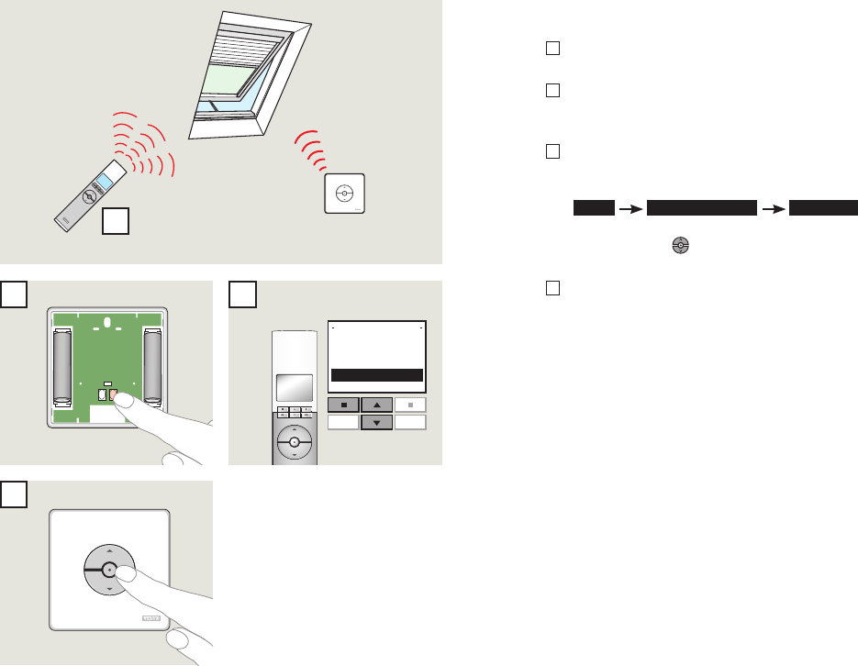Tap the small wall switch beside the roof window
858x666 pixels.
click(x=345, y=194)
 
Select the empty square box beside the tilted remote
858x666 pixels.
click(x=115, y=220)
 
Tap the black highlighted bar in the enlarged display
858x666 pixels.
click(x=377, y=375)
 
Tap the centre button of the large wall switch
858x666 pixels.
click(x=108, y=570)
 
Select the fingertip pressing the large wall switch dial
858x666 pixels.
click(x=129, y=573)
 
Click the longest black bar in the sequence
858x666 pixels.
click(x=701, y=208)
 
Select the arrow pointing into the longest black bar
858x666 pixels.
click(x=630, y=208)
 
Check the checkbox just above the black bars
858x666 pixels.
click(x=552, y=151)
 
